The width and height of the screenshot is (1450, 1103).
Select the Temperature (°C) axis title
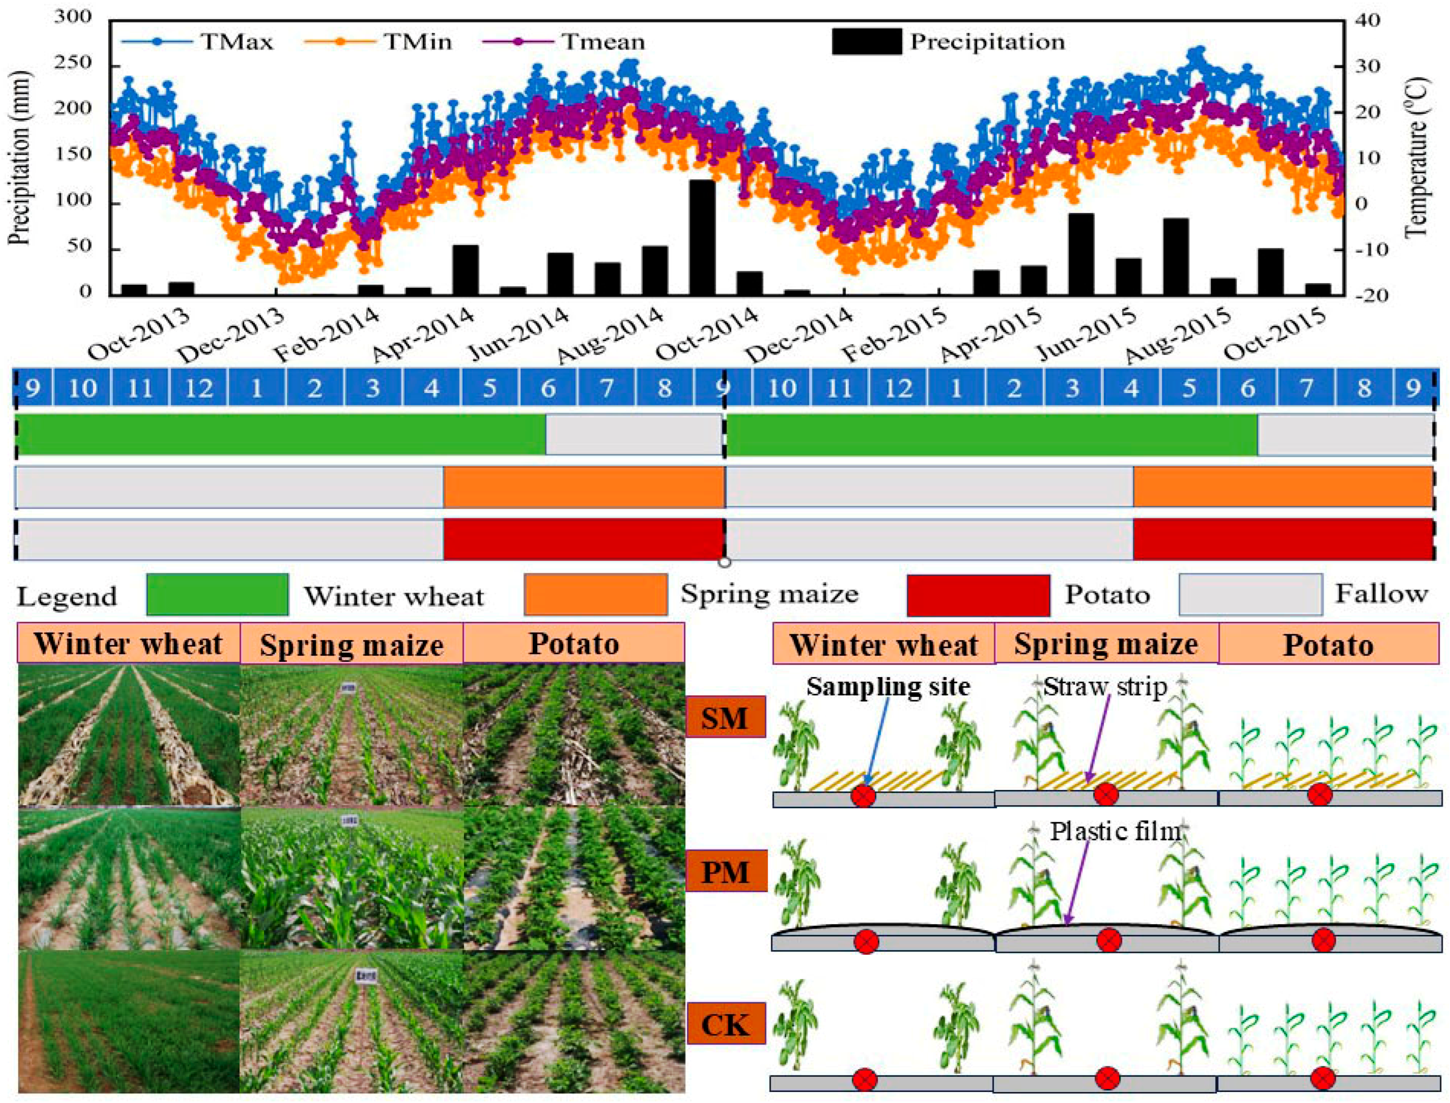(1419, 158)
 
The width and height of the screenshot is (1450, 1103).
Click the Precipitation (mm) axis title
(20, 158)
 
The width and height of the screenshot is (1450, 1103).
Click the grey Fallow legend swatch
(1250, 594)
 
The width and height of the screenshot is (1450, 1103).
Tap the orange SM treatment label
(725, 717)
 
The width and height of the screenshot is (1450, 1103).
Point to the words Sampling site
(888, 687)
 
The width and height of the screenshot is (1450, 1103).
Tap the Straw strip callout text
(1105, 687)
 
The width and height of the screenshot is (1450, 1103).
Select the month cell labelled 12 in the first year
(198, 388)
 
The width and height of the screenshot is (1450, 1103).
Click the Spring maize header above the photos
(351, 644)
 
